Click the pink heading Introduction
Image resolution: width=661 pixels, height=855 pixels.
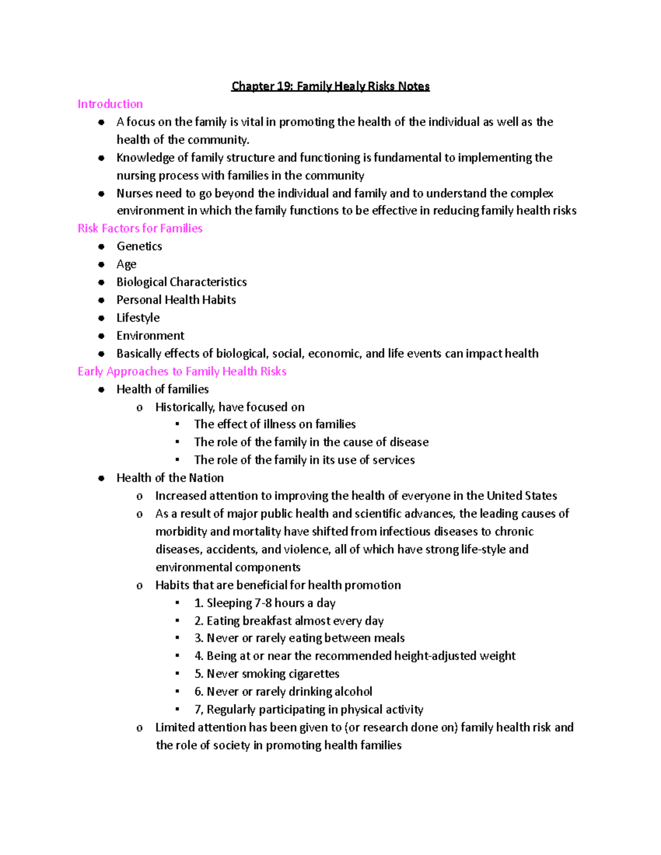pyautogui.click(x=110, y=104)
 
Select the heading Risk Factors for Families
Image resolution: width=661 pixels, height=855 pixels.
pyautogui.click(x=140, y=228)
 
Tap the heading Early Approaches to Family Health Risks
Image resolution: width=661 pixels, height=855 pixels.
pyautogui.click(x=182, y=372)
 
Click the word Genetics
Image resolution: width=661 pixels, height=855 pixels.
pyautogui.click(x=139, y=246)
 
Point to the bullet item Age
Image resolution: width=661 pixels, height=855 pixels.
pyautogui.click(x=126, y=264)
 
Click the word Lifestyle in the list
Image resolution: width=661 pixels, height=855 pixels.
pyautogui.click(x=138, y=318)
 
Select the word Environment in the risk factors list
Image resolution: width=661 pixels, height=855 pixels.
pyautogui.click(x=150, y=336)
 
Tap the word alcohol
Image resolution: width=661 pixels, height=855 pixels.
pyautogui.click(x=353, y=691)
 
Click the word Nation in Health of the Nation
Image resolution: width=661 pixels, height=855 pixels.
pyautogui.click(x=206, y=478)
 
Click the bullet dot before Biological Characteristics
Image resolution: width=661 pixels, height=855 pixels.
pyautogui.click(x=101, y=282)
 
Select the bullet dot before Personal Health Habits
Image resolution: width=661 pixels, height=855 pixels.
pyautogui.click(x=101, y=300)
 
